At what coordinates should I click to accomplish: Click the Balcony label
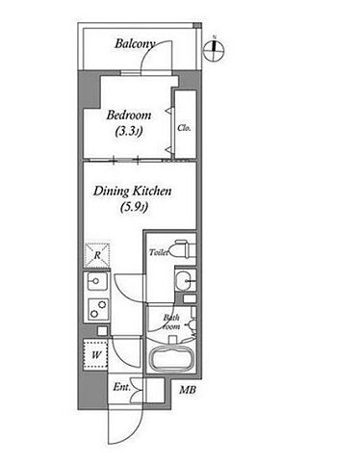[135, 44]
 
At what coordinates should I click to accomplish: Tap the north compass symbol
[214, 50]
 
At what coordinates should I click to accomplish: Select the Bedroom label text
[129, 115]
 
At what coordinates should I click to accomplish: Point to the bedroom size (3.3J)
[129, 132]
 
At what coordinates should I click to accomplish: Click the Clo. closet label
[184, 128]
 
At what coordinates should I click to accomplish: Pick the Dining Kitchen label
[132, 192]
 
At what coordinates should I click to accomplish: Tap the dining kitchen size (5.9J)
[134, 208]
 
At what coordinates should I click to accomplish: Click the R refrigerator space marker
[97, 256]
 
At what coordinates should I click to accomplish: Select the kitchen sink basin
[97, 281]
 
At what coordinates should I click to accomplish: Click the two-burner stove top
[98, 309]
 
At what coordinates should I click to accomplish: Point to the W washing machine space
[95, 355]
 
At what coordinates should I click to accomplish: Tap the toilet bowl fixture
[182, 248]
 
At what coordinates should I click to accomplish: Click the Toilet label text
[159, 252]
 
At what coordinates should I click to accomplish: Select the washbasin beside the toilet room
[184, 281]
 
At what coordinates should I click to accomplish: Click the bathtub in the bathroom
[172, 359]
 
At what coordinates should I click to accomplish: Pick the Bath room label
[171, 322]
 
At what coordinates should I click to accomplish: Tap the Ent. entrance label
[121, 387]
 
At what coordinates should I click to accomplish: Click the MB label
[188, 390]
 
